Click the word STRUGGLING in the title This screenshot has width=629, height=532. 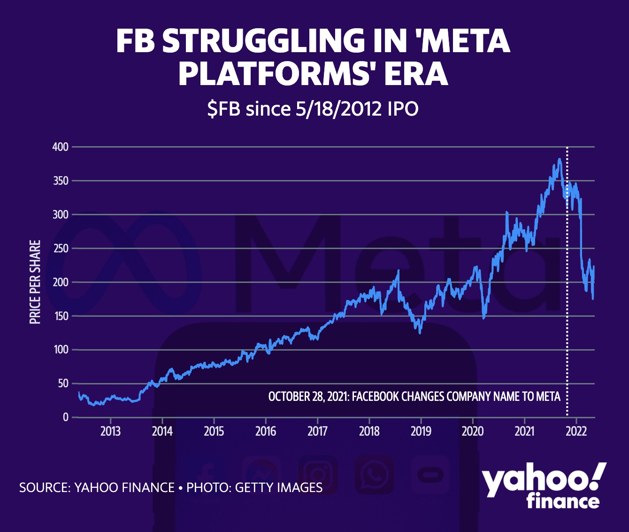(262, 41)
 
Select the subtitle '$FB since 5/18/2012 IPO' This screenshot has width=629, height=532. (313, 109)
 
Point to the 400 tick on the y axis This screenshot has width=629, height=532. (60, 147)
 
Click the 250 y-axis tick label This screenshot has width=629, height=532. (60, 249)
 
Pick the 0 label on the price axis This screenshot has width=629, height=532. (66, 417)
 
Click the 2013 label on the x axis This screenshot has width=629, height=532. (110, 431)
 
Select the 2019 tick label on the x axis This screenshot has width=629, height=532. (421, 431)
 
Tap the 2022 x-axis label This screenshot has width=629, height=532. (576, 431)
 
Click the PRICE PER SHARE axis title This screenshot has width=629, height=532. (35, 282)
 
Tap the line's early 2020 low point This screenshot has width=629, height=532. (484, 318)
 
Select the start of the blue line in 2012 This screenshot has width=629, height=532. (79, 392)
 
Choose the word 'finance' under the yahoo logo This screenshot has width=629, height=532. (563, 501)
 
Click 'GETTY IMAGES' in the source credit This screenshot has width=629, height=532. (278, 487)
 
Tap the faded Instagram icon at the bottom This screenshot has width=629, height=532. (318, 475)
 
